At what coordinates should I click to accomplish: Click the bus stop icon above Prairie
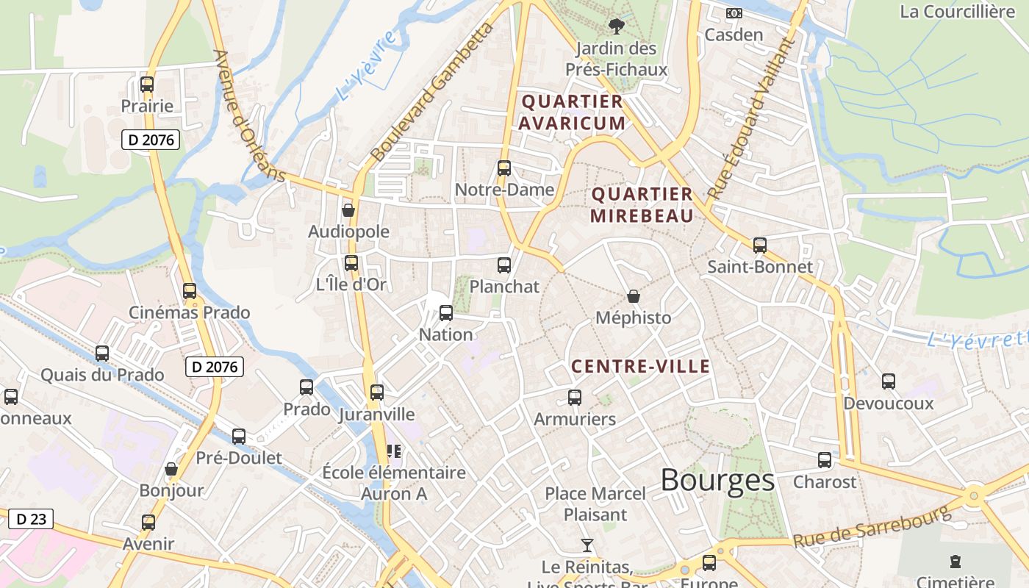[147, 85]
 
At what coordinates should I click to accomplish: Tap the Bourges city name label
[717, 480]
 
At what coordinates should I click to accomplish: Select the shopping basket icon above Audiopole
[348, 211]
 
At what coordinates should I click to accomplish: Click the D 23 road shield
[31, 519]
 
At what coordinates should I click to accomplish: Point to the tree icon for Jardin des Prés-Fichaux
[616, 27]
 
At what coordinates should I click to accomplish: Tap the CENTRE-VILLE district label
[641, 366]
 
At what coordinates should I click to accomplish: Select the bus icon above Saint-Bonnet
[760, 245]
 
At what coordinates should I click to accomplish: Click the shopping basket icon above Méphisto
[634, 297]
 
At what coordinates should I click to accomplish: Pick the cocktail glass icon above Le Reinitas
[587, 545]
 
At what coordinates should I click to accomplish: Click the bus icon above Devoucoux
[889, 381]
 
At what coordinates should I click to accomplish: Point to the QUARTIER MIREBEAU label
[642, 205]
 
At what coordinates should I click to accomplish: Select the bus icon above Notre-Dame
[504, 168]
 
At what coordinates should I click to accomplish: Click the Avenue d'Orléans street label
[248, 115]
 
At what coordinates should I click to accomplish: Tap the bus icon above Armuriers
[575, 398]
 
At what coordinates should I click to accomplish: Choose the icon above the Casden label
[734, 13]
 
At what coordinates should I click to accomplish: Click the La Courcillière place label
[957, 11]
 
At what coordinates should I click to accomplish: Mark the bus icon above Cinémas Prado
[190, 291]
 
